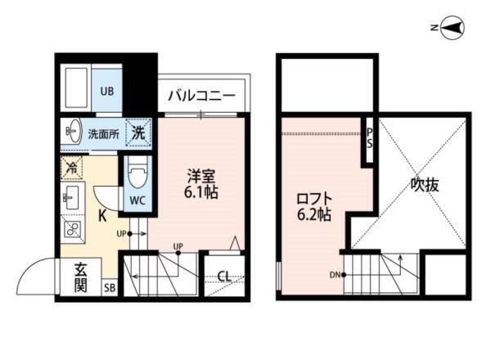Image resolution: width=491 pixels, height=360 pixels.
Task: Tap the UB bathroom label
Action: (107, 92)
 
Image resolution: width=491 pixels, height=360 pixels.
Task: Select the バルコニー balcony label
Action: (202, 96)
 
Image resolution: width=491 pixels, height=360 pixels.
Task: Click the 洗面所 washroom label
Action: (104, 133)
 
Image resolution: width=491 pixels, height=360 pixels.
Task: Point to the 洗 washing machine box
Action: (139, 132)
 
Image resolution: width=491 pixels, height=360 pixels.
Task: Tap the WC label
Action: (136, 199)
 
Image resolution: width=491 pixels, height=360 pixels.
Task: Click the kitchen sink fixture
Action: (70, 195)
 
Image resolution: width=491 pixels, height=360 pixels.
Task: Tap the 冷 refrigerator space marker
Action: (70, 167)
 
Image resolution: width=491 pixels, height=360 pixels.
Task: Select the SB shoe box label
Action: (110, 287)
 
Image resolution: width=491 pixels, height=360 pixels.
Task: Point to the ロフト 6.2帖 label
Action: (314, 206)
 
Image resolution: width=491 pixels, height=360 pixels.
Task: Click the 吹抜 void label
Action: (425, 185)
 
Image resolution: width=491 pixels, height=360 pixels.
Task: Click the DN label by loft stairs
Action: (335, 275)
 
